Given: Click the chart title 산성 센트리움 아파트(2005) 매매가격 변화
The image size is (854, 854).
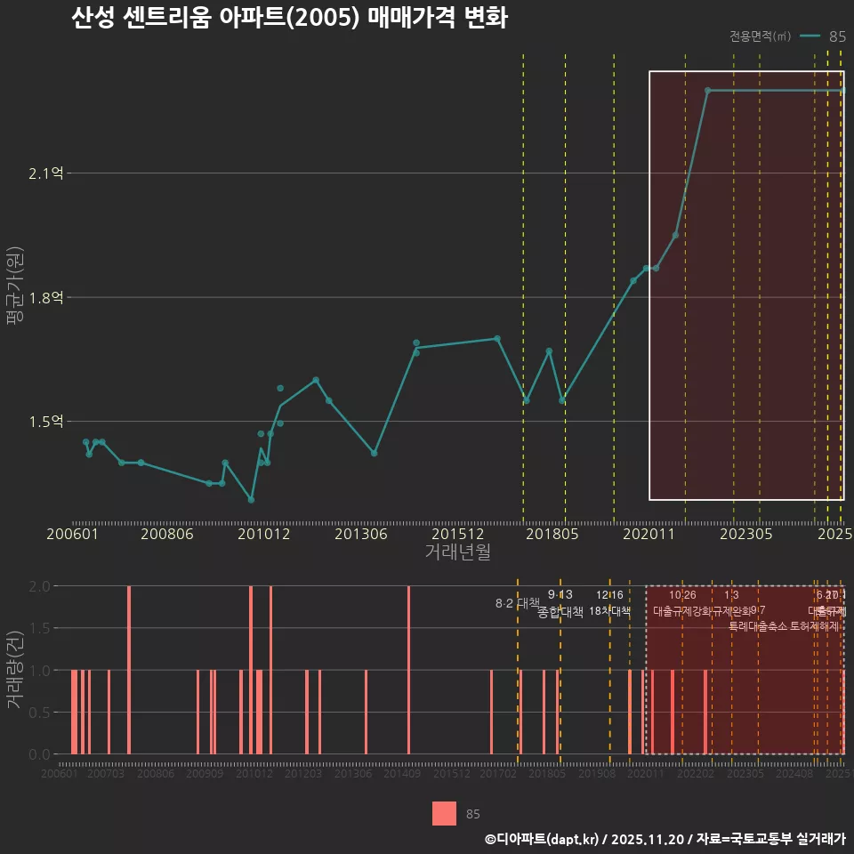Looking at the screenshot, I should [289, 19].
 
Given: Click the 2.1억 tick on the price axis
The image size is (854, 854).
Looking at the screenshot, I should [47, 173].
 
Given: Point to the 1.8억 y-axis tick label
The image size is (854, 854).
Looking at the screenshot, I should [47, 297].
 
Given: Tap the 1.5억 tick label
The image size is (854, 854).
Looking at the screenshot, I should [47, 421].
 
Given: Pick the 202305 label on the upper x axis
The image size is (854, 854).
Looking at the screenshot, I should [745, 534].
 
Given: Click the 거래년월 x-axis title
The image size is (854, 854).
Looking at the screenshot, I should [457, 552].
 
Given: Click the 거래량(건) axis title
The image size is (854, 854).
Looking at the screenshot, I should [15, 670].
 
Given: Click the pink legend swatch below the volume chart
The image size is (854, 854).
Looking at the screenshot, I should [444, 814].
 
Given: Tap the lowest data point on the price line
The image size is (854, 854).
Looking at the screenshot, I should [251, 499].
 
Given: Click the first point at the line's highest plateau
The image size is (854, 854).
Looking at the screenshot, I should [707, 91].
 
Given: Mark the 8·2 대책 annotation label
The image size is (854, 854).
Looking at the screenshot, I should [518, 603].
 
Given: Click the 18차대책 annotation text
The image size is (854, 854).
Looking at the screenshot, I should [609, 611].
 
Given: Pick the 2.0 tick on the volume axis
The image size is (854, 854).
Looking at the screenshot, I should [39, 586].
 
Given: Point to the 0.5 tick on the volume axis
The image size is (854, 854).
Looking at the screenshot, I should [39, 712].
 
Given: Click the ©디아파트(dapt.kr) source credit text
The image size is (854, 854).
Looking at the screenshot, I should [542, 839].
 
